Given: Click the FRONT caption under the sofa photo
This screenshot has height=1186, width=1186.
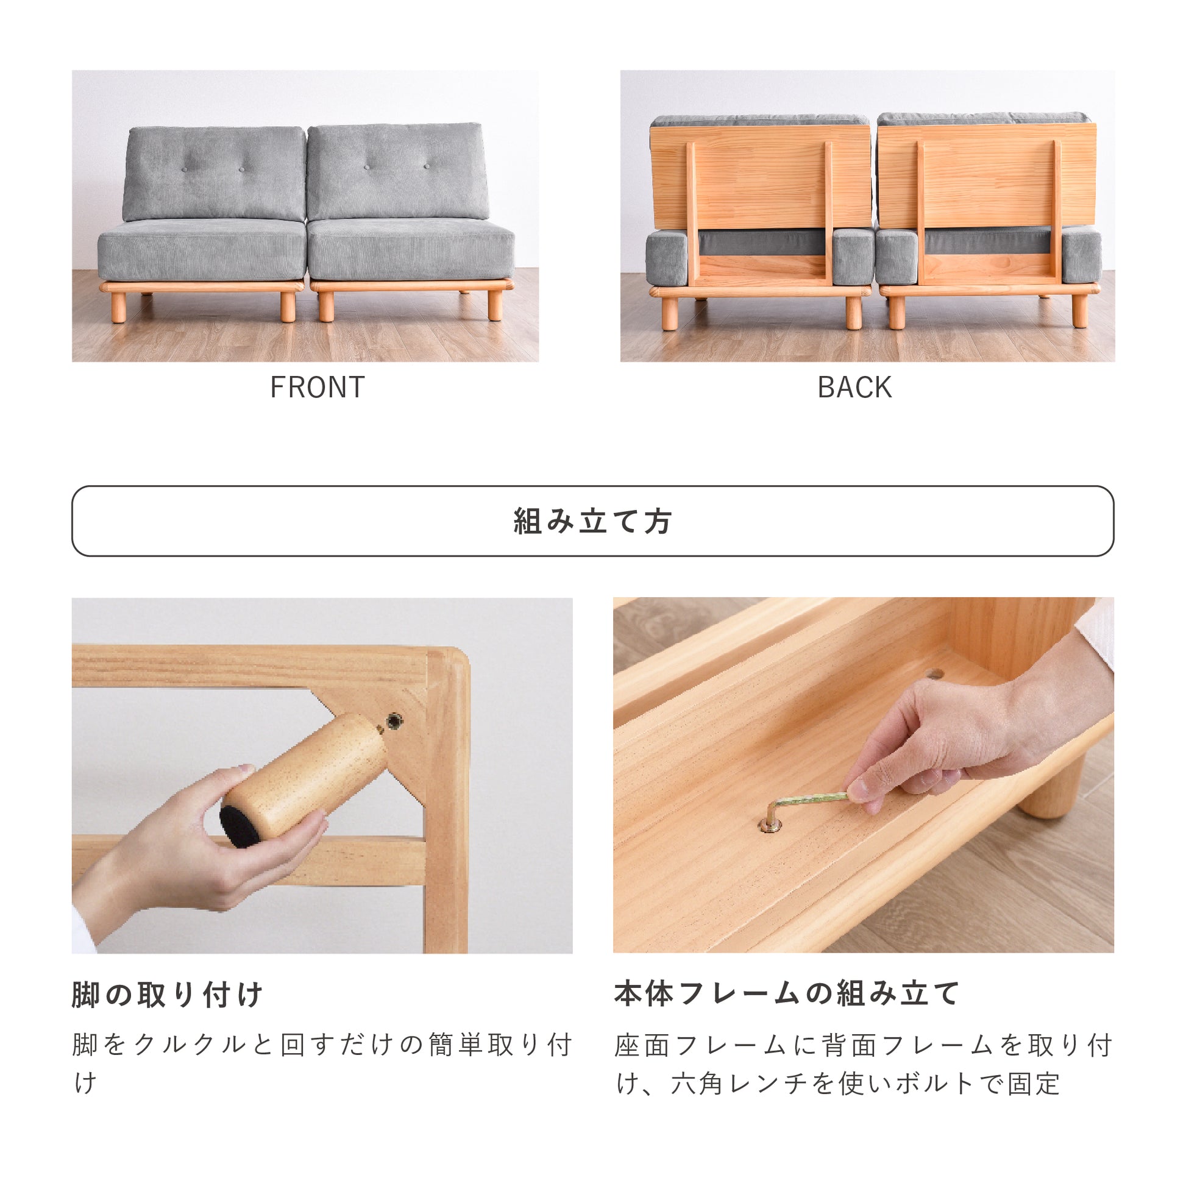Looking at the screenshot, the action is [318, 388].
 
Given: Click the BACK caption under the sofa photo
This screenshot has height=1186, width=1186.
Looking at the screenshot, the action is [854, 388].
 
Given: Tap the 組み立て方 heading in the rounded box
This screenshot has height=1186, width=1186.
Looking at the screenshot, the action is [592, 521].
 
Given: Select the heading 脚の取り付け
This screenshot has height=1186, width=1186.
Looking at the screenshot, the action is [167, 995].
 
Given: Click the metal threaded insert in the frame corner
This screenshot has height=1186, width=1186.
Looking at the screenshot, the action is [392, 721].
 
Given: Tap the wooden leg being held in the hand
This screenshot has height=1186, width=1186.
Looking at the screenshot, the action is [304, 779].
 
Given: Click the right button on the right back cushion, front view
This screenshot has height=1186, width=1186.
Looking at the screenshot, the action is [426, 166].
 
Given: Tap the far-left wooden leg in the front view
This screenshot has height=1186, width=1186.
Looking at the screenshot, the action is [118, 307].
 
